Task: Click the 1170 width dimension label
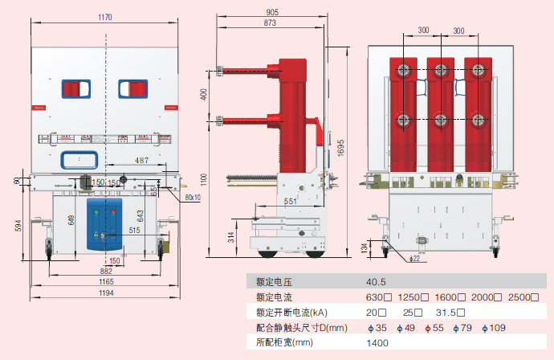(x=105, y=17)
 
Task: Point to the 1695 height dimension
(x=340, y=149)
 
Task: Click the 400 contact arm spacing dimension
(x=204, y=96)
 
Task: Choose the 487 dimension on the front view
(x=141, y=162)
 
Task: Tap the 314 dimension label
(x=231, y=236)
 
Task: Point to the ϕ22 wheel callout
(x=415, y=259)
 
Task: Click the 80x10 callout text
(x=193, y=197)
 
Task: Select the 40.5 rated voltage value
(x=377, y=283)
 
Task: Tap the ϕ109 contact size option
(x=495, y=327)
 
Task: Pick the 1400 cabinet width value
(x=377, y=342)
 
